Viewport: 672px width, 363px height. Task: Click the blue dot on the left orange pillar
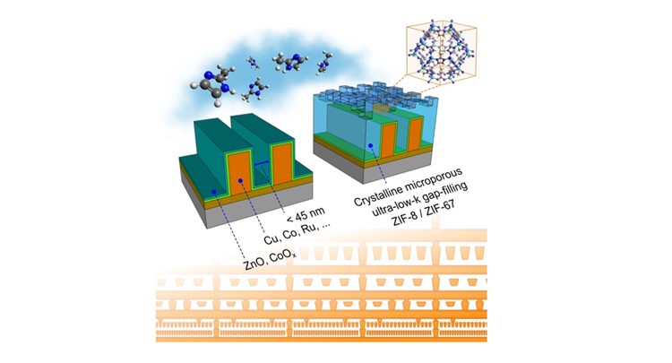pyautogui.click(x=241, y=182)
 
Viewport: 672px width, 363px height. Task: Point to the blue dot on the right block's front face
pyautogui.click(x=370, y=145)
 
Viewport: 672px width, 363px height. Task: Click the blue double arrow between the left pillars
pyautogui.click(x=263, y=165)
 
